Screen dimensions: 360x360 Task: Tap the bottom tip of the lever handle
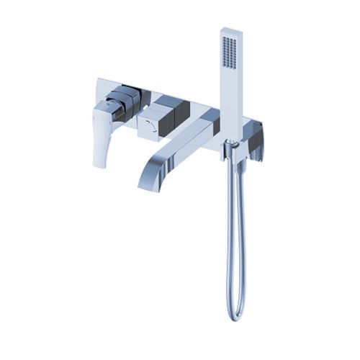99,164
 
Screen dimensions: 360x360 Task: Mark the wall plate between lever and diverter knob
148,101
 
